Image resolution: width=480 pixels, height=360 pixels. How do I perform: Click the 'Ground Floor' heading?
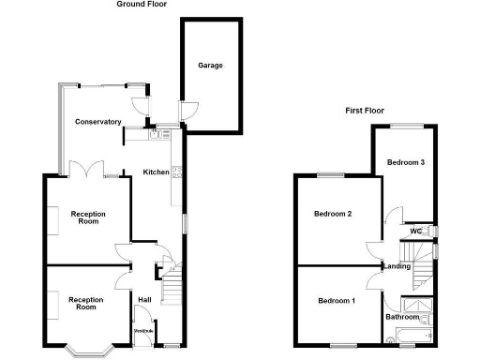pyautogui.click(x=142, y=5)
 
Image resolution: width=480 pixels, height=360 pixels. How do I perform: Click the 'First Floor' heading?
pyautogui.click(x=367, y=111)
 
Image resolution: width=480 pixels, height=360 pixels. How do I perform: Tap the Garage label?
pyautogui.click(x=210, y=66)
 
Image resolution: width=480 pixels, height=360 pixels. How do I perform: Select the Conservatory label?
pyautogui.click(x=98, y=122)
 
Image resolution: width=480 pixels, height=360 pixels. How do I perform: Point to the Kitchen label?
pyautogui.click(x=156, y=172)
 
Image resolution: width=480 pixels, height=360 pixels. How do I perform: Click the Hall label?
pyautogui.click(x=144, y=300)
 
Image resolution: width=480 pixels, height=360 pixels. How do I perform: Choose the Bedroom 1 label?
pyautogui.click(x=336, y=300)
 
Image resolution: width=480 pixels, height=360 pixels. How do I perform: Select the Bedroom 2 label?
pyautogui.click(x=333, y=214)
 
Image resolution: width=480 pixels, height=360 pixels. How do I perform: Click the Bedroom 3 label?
pyautogui.click(x=408, y=162)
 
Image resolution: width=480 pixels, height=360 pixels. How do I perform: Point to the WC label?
pyautogui.click(x=415, y=231)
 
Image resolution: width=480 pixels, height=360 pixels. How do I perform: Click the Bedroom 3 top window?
pyautogui.click(x=407, y=125)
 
